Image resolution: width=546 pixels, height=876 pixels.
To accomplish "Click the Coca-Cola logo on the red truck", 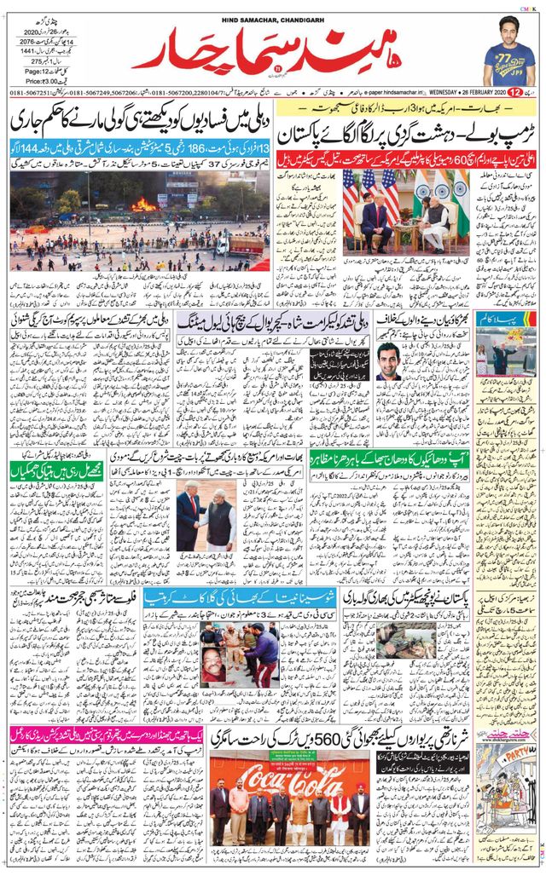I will [290, 776].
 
